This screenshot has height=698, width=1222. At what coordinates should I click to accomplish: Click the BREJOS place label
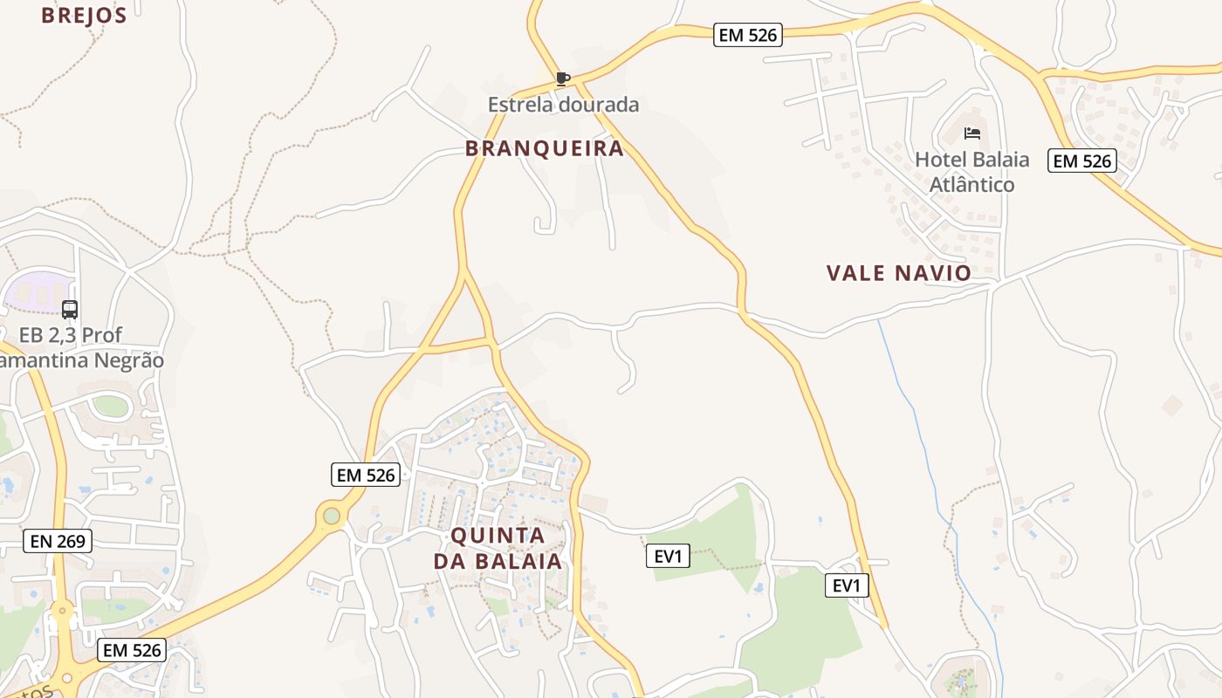[x=84, y=15]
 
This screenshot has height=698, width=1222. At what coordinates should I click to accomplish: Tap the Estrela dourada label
[x=563, y=105]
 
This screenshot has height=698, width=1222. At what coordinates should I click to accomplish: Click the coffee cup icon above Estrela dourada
[x=563, y=79]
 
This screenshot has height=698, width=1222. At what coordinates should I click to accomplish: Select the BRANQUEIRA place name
[x=545, y=148]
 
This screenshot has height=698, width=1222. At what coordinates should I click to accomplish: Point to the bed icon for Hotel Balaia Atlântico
[x=972, y=133]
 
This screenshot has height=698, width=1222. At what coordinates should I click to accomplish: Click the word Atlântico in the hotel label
[x=971, y=185]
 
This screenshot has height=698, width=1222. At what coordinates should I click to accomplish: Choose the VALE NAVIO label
[x=899, y=273]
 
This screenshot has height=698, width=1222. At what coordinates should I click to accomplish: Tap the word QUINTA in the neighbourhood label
[x=498, y=535]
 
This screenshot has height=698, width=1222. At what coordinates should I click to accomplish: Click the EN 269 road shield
[x=58, y=541]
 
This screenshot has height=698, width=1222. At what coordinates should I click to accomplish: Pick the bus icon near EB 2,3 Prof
[x=70, y=310]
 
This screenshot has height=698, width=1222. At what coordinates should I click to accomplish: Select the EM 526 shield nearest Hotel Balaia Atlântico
[x=1082, y=161]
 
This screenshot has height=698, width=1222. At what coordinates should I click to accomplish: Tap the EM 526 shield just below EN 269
[x=131, y=650]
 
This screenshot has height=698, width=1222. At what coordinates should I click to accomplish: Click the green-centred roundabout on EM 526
[x=332, y=516]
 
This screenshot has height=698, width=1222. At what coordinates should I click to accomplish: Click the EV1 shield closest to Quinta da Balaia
[x=668, y=556]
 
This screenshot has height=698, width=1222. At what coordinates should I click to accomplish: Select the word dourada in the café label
[x=601, y=105]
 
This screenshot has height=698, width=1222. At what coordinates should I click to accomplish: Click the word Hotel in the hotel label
[x=939, y=160]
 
